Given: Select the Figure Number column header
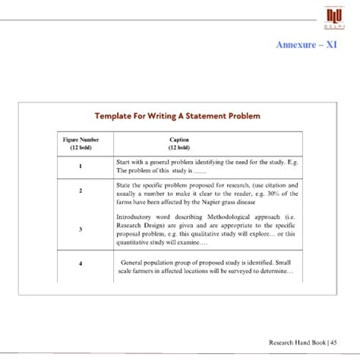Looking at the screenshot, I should [80, 144].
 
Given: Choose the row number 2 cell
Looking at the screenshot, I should [80, 191].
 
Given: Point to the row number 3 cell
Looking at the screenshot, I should [80, 229].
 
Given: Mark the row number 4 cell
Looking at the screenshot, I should [80, 264].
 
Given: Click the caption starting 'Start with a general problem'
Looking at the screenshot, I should [206, 166].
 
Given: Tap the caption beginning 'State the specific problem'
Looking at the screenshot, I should [206, 194].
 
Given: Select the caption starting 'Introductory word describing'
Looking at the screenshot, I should [206, 228].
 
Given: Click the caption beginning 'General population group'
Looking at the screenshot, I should [206, 266].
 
